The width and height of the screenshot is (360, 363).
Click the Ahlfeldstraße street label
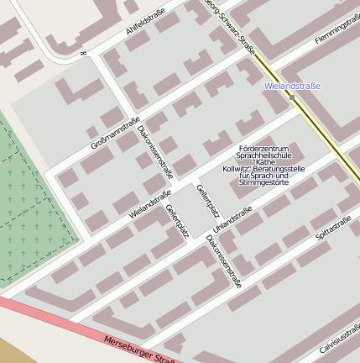click(x=145, y=22)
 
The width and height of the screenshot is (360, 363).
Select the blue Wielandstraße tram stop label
click(x=291, y=86)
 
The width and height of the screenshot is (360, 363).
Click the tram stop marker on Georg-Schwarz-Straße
click(x=292, y=97)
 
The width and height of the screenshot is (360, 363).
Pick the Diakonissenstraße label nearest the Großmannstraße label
click(x=155, y=152)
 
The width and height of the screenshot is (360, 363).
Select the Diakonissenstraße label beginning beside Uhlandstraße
click(x=223, y=260)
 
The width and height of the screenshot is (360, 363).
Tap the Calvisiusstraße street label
click(x=339, y=337)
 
